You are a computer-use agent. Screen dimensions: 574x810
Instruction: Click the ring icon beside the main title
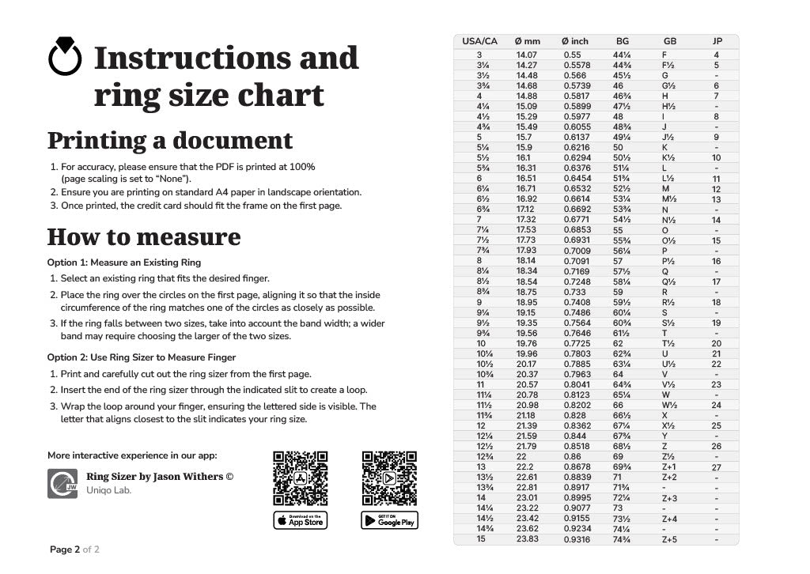(x=65, y=58)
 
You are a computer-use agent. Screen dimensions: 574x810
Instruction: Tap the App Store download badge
(x=301, y=520)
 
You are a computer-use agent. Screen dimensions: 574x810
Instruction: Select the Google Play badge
(x=389, y=520)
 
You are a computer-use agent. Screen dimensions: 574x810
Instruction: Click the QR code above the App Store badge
(x=301, y=478)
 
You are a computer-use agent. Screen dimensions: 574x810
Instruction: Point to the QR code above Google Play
(x=389, y=478)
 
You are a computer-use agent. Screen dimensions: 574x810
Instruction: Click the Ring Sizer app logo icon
(x=62, y=483)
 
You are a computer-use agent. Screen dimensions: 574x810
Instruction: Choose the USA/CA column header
(x=479, y=41)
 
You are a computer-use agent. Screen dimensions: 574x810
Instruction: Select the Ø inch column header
(x=575, y=41)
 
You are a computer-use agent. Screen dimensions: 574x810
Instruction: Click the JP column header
(x=717, y=41)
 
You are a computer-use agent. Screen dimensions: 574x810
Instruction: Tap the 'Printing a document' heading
(x=170, y=141)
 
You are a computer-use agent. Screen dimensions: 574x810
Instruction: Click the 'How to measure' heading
(x=144, y=236)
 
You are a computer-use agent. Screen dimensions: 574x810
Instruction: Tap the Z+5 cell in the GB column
(x=669, y=539)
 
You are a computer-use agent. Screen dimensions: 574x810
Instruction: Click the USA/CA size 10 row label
(x=480, y=343)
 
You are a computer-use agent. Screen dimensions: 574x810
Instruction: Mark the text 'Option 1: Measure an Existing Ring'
(x=124, y=262)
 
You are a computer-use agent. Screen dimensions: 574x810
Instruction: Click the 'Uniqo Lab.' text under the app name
(x=109, y=490)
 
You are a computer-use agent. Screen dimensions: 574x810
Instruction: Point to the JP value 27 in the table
(x=717, y=467)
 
